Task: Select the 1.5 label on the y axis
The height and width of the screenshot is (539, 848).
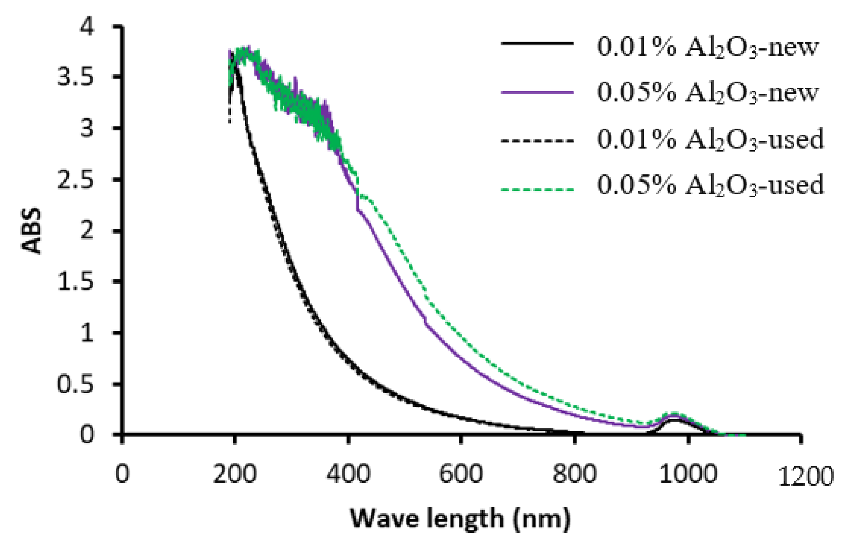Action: pyautogui.click(x=76, y=282)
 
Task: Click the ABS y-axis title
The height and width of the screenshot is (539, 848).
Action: pyautogui.click(x=31, y=231)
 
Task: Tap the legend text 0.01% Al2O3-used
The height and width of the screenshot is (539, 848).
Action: pyautogui.click(x=710, y=139)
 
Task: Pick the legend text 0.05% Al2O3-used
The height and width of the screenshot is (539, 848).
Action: pyautogui.click(x=710, y=185)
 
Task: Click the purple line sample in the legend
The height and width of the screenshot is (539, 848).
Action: pyautogui.click(x=537, y=92)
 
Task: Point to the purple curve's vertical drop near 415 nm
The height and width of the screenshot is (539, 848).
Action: pyautogui.click(x=357, y=202)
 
